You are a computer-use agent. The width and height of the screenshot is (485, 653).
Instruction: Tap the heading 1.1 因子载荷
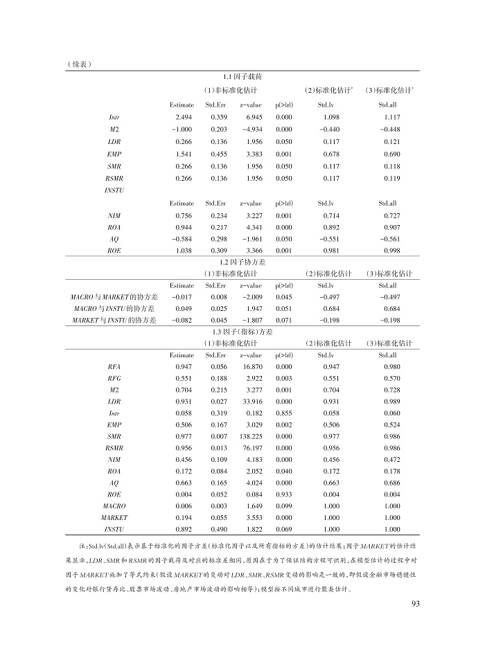242,76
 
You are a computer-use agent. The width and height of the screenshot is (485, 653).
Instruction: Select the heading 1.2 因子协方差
242,262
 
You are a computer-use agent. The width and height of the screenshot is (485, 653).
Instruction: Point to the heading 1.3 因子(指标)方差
242,332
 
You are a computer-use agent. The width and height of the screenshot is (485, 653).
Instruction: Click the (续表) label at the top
81,64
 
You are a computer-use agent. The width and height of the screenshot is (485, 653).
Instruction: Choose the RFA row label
114,367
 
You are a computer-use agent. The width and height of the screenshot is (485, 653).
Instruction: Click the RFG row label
114,379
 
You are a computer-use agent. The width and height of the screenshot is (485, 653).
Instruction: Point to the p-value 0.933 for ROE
283,494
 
